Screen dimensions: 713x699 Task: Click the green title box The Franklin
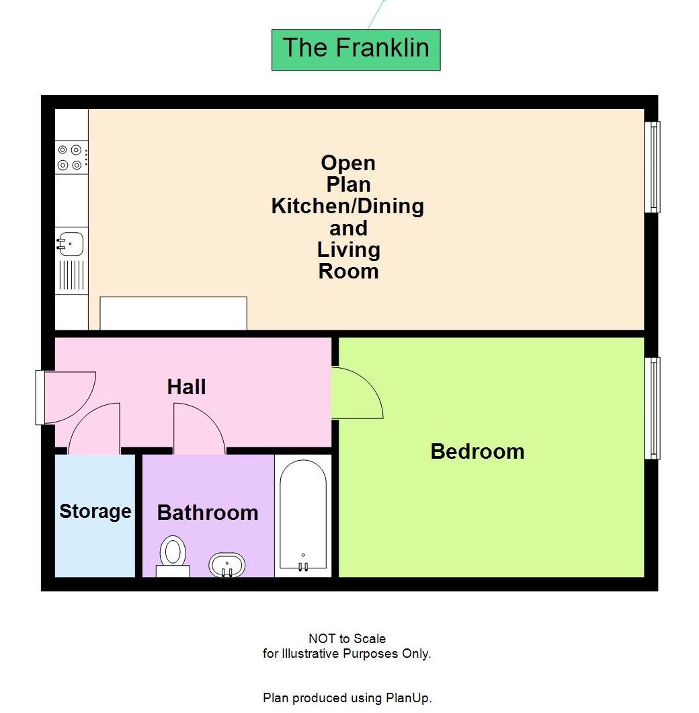[356, 49]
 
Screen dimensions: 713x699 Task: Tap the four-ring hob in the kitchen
[70, 157]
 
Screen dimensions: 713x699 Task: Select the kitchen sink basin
[70, 241]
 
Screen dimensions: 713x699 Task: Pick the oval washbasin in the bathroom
[227, 565]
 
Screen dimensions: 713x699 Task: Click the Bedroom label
[477, 451]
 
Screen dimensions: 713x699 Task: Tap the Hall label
[186, 387]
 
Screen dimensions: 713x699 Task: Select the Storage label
[95, 511]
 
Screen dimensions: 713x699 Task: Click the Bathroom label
[207, 513]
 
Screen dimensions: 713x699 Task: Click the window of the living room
[652, 167]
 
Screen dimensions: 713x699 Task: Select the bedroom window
[652, 408]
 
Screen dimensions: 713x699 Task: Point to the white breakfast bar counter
[173, 313]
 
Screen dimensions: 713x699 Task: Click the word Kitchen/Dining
[347, 206]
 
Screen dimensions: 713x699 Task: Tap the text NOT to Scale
[347, 638]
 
